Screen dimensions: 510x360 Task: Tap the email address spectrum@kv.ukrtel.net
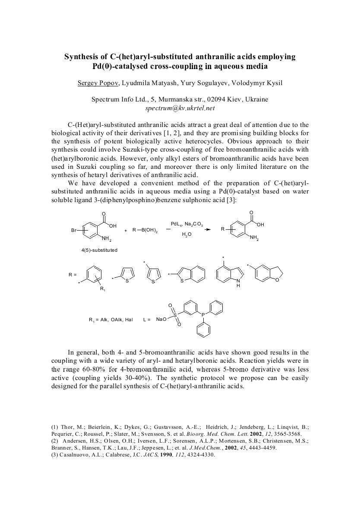click(x=180, y=108)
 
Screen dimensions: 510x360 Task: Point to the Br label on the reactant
click(x=74, y=231)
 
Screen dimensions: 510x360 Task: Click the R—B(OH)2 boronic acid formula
click(x=145, y=231)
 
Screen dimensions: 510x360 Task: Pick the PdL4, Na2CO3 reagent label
click(x=184, y=224)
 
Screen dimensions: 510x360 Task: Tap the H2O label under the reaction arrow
click(x=186, y=234)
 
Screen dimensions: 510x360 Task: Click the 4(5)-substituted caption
click(x=99, y=250)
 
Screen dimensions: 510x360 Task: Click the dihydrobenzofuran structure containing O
click(x=268, y=274)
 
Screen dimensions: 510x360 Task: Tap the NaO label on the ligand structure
click(x=161, y=320)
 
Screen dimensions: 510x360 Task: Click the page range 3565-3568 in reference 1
click(x=286, y=434)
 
